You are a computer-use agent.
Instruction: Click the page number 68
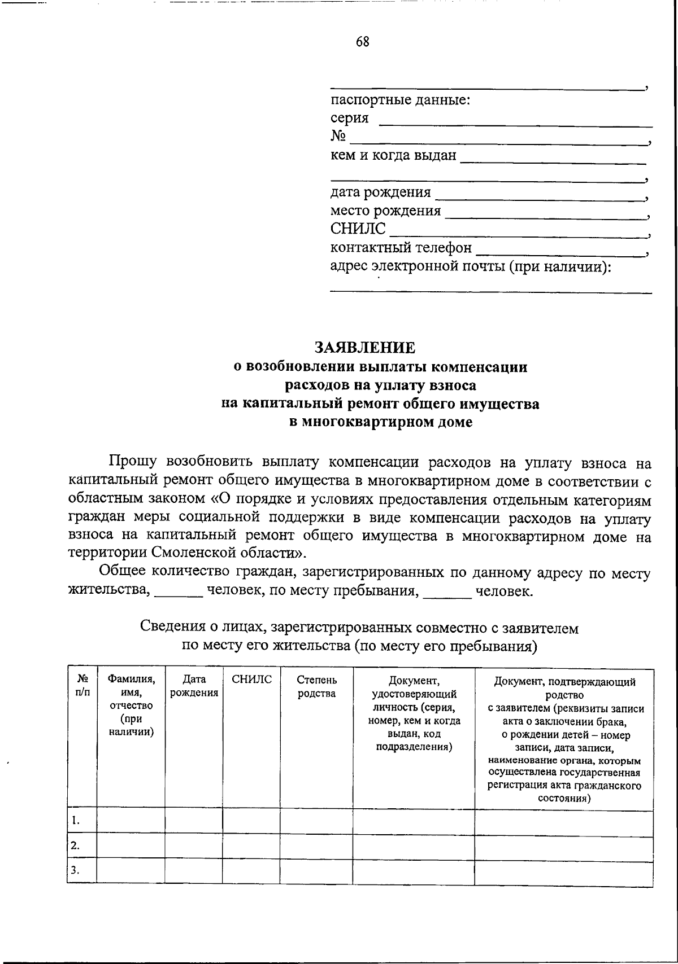click(x=363, y=42)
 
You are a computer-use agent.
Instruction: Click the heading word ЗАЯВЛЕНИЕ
click(x=364, y=348)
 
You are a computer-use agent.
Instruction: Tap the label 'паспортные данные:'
click(x=401, y=100)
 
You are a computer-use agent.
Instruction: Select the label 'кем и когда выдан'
click(x=393, y=155)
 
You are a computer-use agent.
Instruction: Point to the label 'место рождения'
click(x=385, y=211)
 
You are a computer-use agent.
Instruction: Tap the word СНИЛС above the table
click(x=358, y=229)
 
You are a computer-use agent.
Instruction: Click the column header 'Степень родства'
click(x=316, y=686)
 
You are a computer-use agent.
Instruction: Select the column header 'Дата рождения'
click(x=194, y=686)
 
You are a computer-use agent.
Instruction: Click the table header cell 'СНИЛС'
click(x=251, y=680)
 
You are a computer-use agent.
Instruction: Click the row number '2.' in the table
click(x=75, y=845)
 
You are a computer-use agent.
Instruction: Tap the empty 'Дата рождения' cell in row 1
click(x=194, y=821)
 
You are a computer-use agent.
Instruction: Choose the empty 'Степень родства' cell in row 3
click(x=316, y=870)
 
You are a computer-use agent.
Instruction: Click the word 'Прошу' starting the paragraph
click(x=133, y=463)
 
